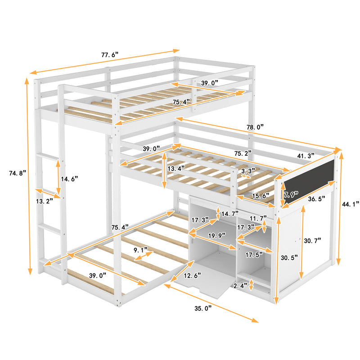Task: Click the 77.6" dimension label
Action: click(109, 55)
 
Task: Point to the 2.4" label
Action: click(240, 286)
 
